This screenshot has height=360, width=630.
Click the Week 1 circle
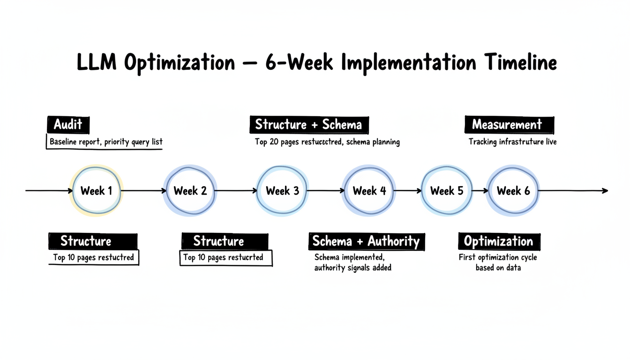click(x=96, y=191)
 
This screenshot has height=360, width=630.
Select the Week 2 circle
click(x=190, y=191)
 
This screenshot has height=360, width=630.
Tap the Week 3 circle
click(x=282, y=191)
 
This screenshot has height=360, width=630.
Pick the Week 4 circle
click(x=369, y=191)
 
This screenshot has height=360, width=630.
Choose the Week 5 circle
click(x=447, y=191)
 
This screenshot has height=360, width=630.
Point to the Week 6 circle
click(x=513, y=191)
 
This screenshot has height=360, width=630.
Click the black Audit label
click(x=68, y=125)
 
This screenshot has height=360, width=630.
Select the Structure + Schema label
click(x=308, y=125)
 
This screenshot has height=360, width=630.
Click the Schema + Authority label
click(x=366, y=241)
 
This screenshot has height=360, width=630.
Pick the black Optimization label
click(x=498, y=241)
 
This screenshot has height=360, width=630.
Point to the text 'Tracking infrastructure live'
click(x=512, y=142)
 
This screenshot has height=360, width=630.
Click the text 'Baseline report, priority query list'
click(x=106, y=142)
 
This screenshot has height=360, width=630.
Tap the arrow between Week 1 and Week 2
click(x=143, y=191)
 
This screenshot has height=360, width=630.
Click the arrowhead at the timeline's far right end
click(x=605, y=191)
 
